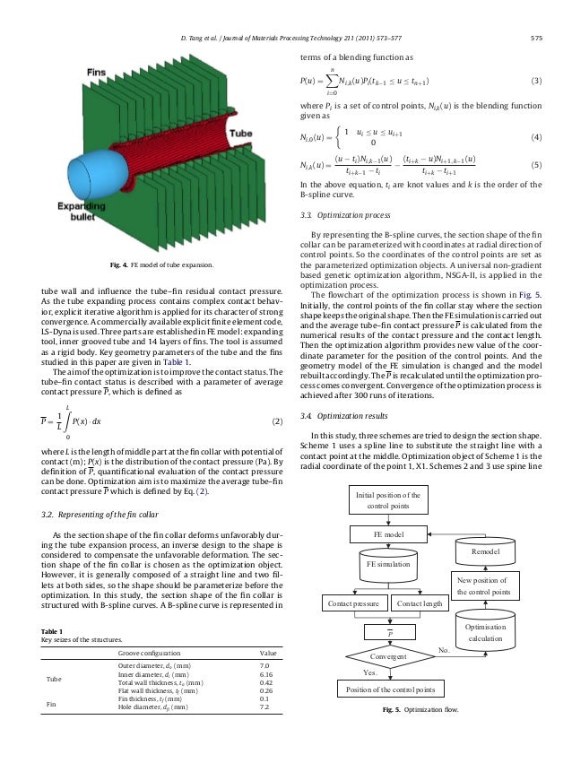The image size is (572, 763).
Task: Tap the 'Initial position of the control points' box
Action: coord(387,500)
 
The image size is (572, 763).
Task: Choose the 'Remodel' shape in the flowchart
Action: coord(486,550)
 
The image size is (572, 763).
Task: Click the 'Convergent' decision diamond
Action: coord(387,657)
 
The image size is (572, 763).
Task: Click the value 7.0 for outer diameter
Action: coord(264,667)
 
